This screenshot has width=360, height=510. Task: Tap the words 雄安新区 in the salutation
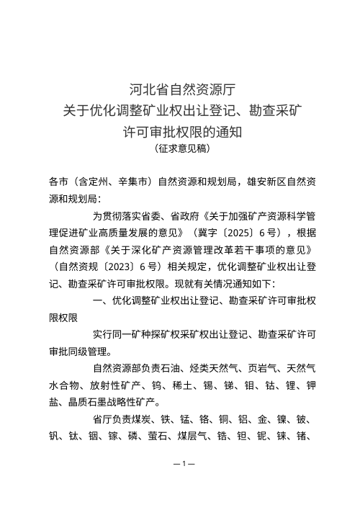coord(268,181)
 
